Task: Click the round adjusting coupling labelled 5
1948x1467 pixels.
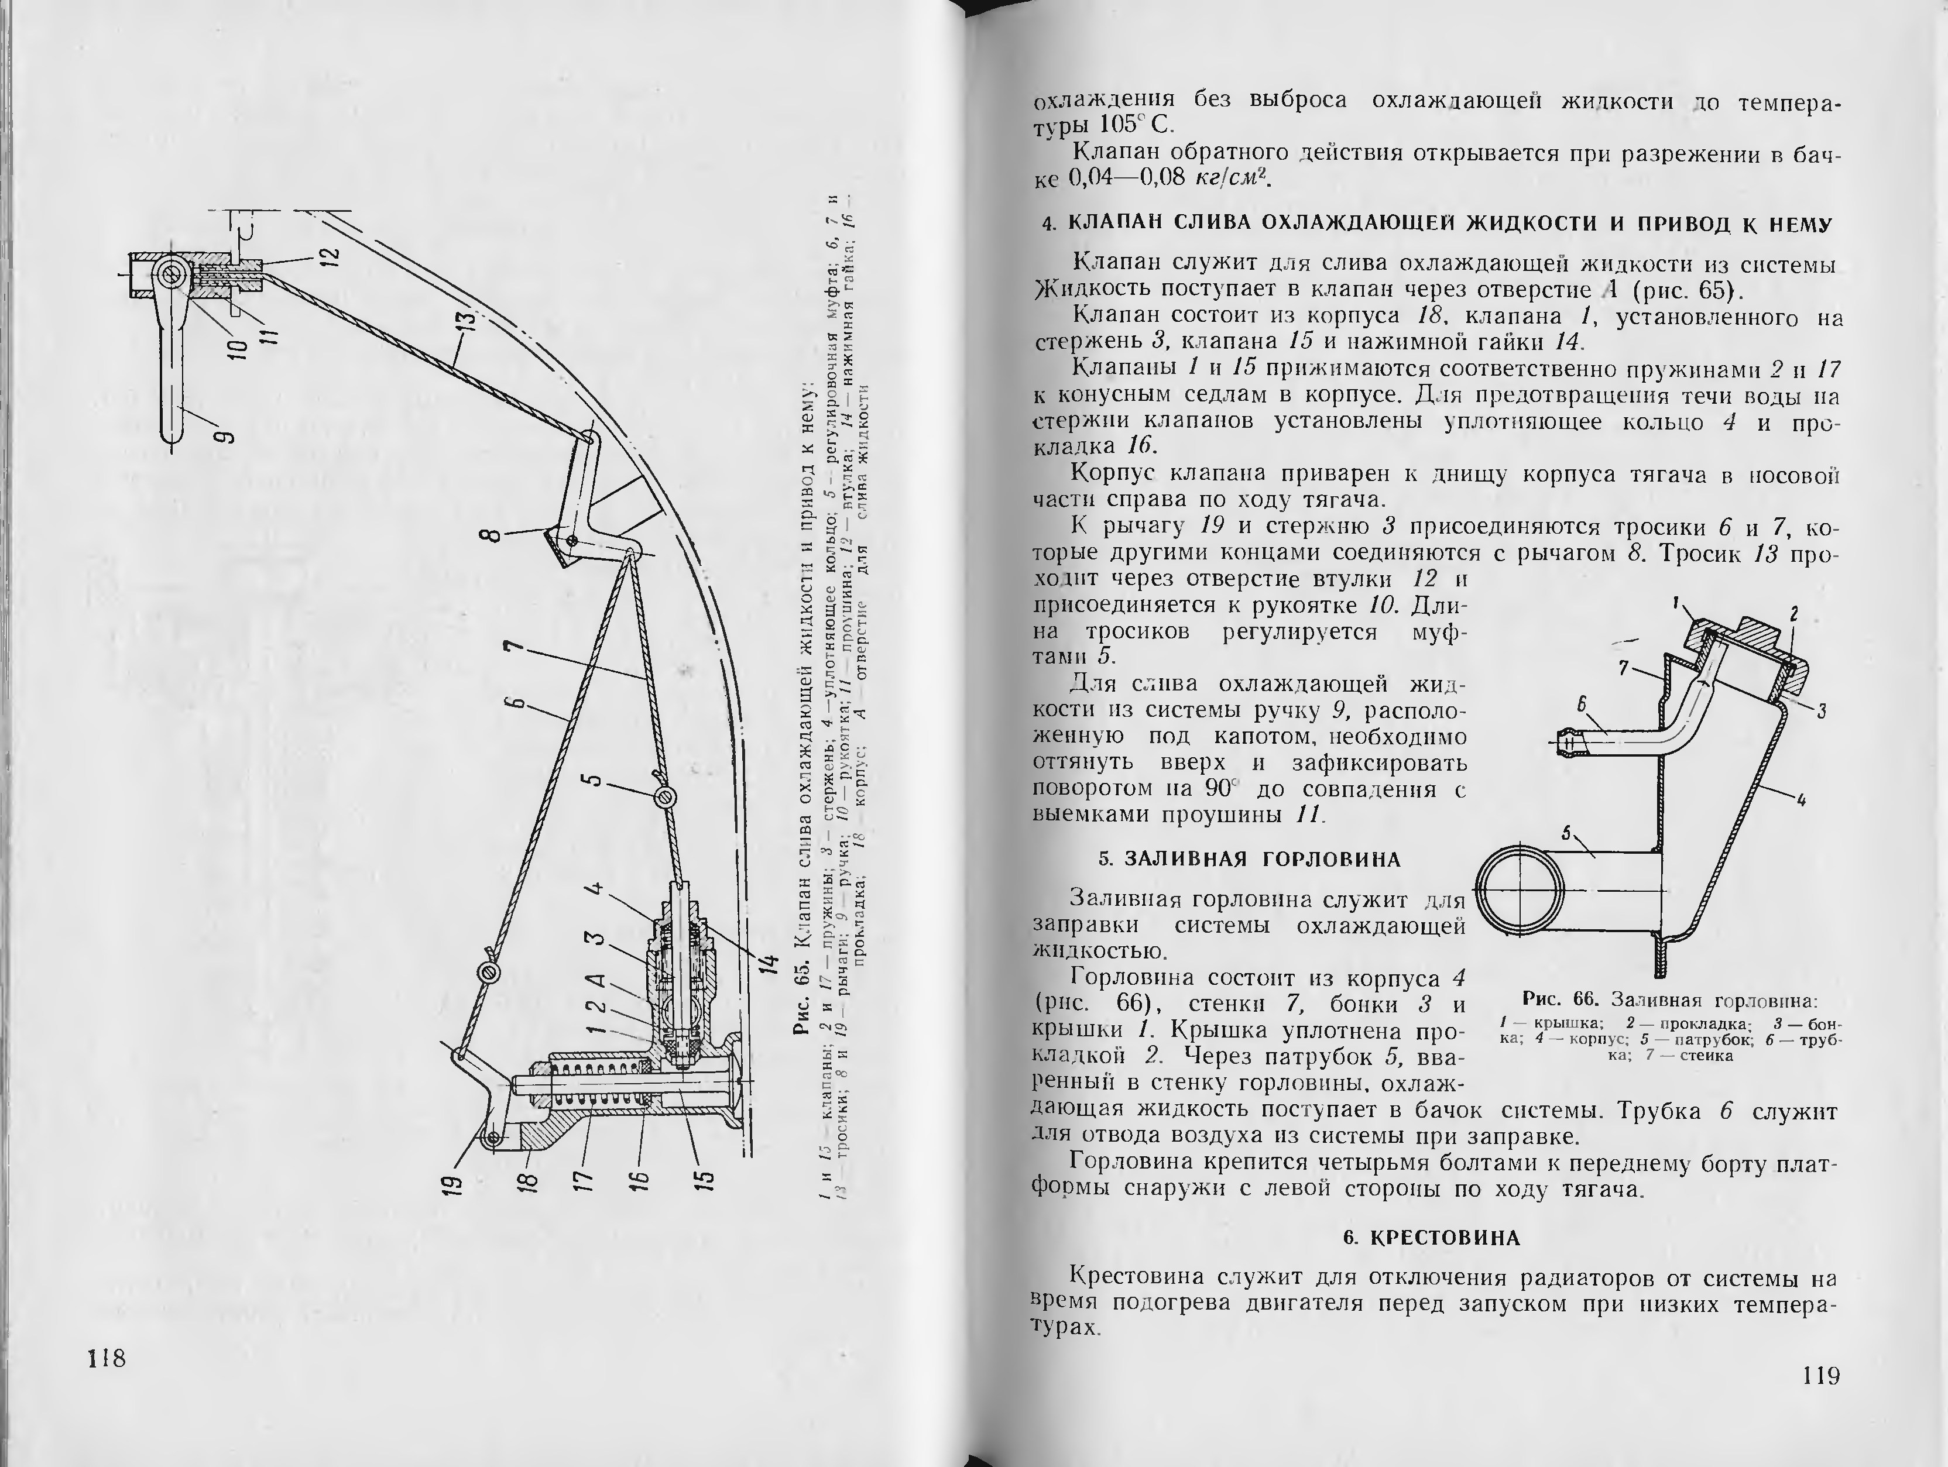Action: (667, 798)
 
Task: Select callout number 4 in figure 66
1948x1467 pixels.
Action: (1801, 801)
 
